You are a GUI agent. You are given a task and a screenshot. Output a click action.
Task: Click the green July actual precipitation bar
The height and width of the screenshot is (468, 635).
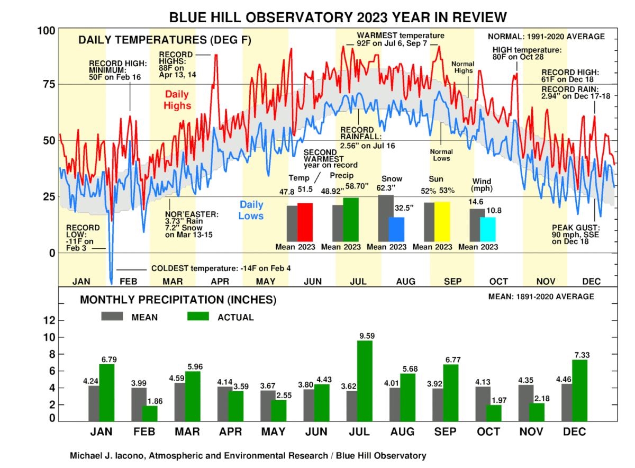click(365, 381)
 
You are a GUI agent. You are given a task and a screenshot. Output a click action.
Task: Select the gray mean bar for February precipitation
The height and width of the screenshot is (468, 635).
click(139, 404)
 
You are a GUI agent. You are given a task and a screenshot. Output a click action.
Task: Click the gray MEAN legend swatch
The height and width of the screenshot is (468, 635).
click(112, 317)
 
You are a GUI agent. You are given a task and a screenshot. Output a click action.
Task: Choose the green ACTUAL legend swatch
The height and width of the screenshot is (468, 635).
click(199, 317)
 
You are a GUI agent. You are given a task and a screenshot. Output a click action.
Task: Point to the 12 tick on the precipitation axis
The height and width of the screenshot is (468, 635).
click(49, 320)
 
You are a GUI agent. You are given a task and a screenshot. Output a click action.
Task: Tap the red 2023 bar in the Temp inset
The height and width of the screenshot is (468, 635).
click(305, 222)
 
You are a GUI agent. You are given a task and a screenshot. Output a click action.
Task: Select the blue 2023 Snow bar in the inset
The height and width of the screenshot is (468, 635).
click(396, 229)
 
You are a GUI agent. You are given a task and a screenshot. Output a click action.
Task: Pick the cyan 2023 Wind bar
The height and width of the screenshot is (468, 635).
click(488, 229)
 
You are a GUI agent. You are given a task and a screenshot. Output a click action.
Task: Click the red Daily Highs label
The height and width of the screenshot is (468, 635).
click(178, 100)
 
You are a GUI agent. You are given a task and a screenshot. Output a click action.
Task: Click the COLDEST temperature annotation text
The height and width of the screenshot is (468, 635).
click(221, 268)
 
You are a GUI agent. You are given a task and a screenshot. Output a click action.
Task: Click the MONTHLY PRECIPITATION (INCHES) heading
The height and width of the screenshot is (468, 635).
click(178, 300)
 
